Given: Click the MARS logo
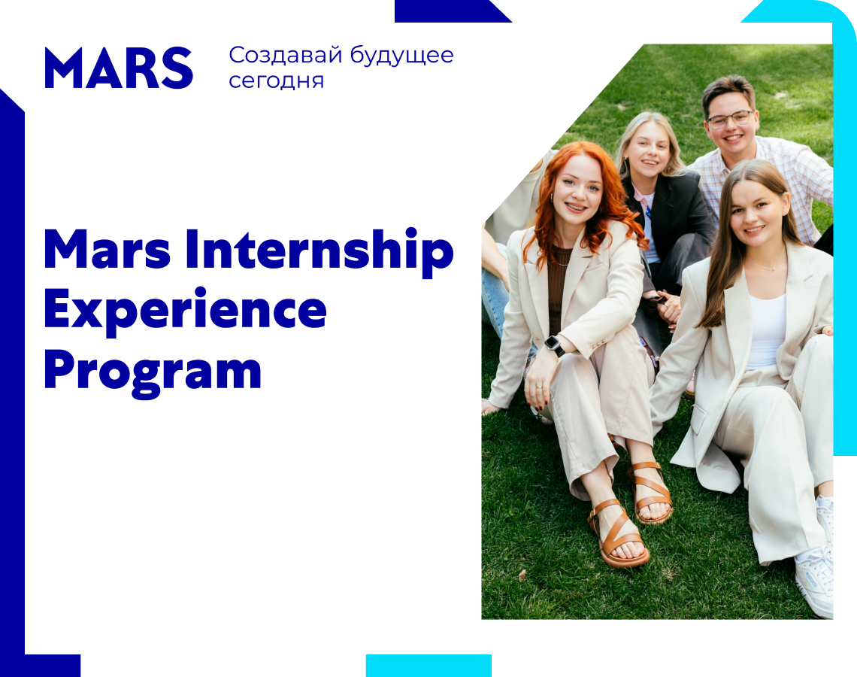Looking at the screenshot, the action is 119,68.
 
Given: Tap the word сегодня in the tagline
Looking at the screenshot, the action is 276,81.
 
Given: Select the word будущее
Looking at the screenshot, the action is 401,56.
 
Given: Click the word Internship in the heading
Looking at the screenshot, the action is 319,250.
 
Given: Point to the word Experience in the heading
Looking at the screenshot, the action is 185,311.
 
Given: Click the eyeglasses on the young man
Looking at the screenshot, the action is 730,119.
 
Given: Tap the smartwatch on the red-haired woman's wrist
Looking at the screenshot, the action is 554,345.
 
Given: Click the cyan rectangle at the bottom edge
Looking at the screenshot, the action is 428,666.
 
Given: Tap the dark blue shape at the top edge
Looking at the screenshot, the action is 453,11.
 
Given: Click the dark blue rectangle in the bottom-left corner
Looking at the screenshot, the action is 53,666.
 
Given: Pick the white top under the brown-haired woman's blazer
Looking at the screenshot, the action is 766,332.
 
